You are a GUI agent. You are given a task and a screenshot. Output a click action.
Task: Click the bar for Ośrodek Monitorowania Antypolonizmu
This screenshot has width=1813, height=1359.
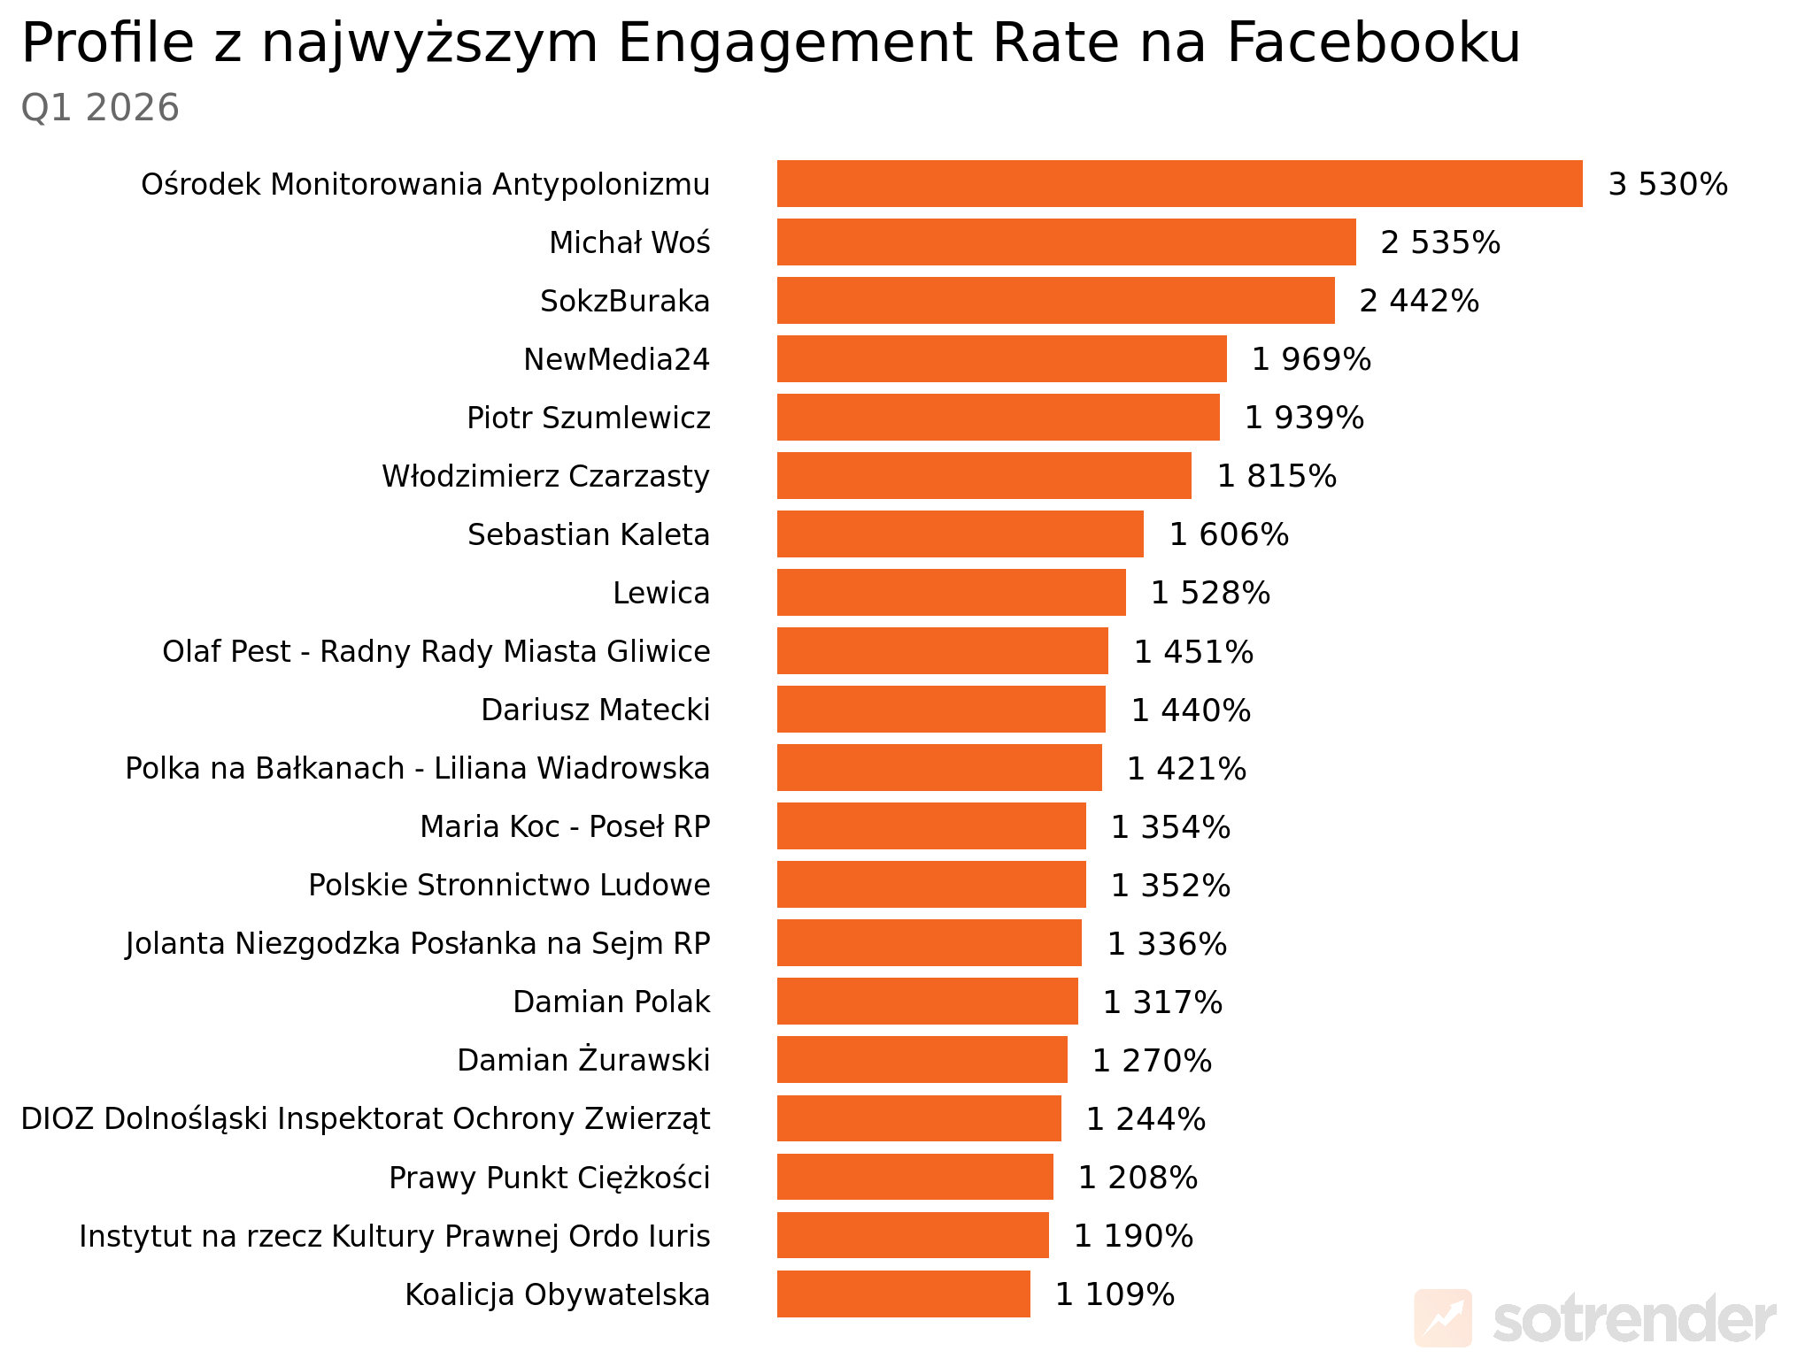(1179, 184)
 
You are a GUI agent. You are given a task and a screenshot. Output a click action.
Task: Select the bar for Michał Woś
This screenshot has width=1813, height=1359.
(1066, 242)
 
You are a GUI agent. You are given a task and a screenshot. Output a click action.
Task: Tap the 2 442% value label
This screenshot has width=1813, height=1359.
(1419, 301)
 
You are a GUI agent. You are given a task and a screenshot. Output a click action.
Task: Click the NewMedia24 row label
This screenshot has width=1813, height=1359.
(616, 359)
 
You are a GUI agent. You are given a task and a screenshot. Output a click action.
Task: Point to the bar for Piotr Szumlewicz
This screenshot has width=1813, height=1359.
(998, 418)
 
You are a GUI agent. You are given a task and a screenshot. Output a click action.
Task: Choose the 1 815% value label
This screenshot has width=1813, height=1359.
(1277, 476)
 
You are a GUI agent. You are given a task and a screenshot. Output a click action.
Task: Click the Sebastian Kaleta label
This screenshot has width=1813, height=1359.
(588, 534)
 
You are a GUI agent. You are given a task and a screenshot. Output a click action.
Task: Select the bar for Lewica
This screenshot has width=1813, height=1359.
(951, 593)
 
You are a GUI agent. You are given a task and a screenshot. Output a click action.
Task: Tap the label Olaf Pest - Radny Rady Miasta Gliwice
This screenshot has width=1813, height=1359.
(436, 651)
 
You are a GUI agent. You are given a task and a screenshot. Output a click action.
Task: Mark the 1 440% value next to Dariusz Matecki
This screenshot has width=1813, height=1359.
(1191, 710)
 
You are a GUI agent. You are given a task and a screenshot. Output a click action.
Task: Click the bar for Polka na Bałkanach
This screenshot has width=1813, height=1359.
(939, 768)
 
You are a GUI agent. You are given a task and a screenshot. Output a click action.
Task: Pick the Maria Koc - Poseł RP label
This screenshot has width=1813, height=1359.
(565, 826)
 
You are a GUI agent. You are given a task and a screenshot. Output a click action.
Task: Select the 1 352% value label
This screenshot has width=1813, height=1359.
(1170, 886)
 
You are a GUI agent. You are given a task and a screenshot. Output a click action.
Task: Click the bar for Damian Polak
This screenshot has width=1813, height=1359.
(927, 1002)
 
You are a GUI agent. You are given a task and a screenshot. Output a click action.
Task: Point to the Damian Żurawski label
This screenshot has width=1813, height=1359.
(583, 1060)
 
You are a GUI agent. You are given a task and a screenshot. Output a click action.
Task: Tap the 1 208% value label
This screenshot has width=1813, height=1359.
(1138, 1178)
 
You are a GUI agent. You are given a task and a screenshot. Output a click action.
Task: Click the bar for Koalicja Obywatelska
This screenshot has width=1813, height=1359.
(903, 1294)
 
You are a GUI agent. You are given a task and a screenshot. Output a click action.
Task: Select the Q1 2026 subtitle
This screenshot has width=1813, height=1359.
(100, 108)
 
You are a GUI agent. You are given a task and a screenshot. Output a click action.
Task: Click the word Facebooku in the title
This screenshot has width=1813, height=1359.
(1373, 42)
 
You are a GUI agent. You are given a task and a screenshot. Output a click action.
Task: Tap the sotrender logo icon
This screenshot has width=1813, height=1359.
(1443, 1318)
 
